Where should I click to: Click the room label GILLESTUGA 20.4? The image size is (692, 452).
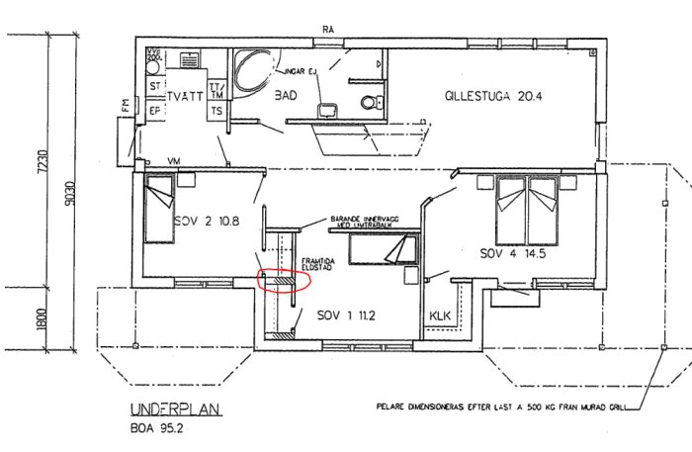coord(494,96)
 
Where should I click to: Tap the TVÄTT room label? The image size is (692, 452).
coord(184,97)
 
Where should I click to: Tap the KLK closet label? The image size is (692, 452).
coord(440,316)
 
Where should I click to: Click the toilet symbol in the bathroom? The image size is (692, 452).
coord(368,101)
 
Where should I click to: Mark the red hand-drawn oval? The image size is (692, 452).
coord(284,281)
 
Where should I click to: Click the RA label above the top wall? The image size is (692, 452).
coord(326,29)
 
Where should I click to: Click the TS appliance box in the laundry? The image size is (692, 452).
coord(215,111)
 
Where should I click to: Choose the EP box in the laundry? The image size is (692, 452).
coord(154,111)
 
